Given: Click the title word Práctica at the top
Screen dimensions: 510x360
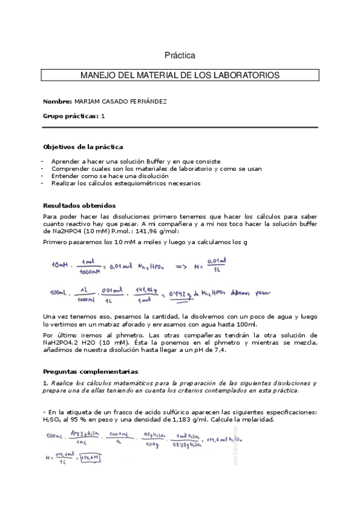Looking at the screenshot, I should point(180,55).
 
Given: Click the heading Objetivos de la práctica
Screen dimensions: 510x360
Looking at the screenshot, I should point(83,147).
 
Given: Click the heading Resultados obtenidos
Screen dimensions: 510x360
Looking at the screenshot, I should point(79,205).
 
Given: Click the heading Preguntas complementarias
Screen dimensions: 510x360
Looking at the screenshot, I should point(90,371).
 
